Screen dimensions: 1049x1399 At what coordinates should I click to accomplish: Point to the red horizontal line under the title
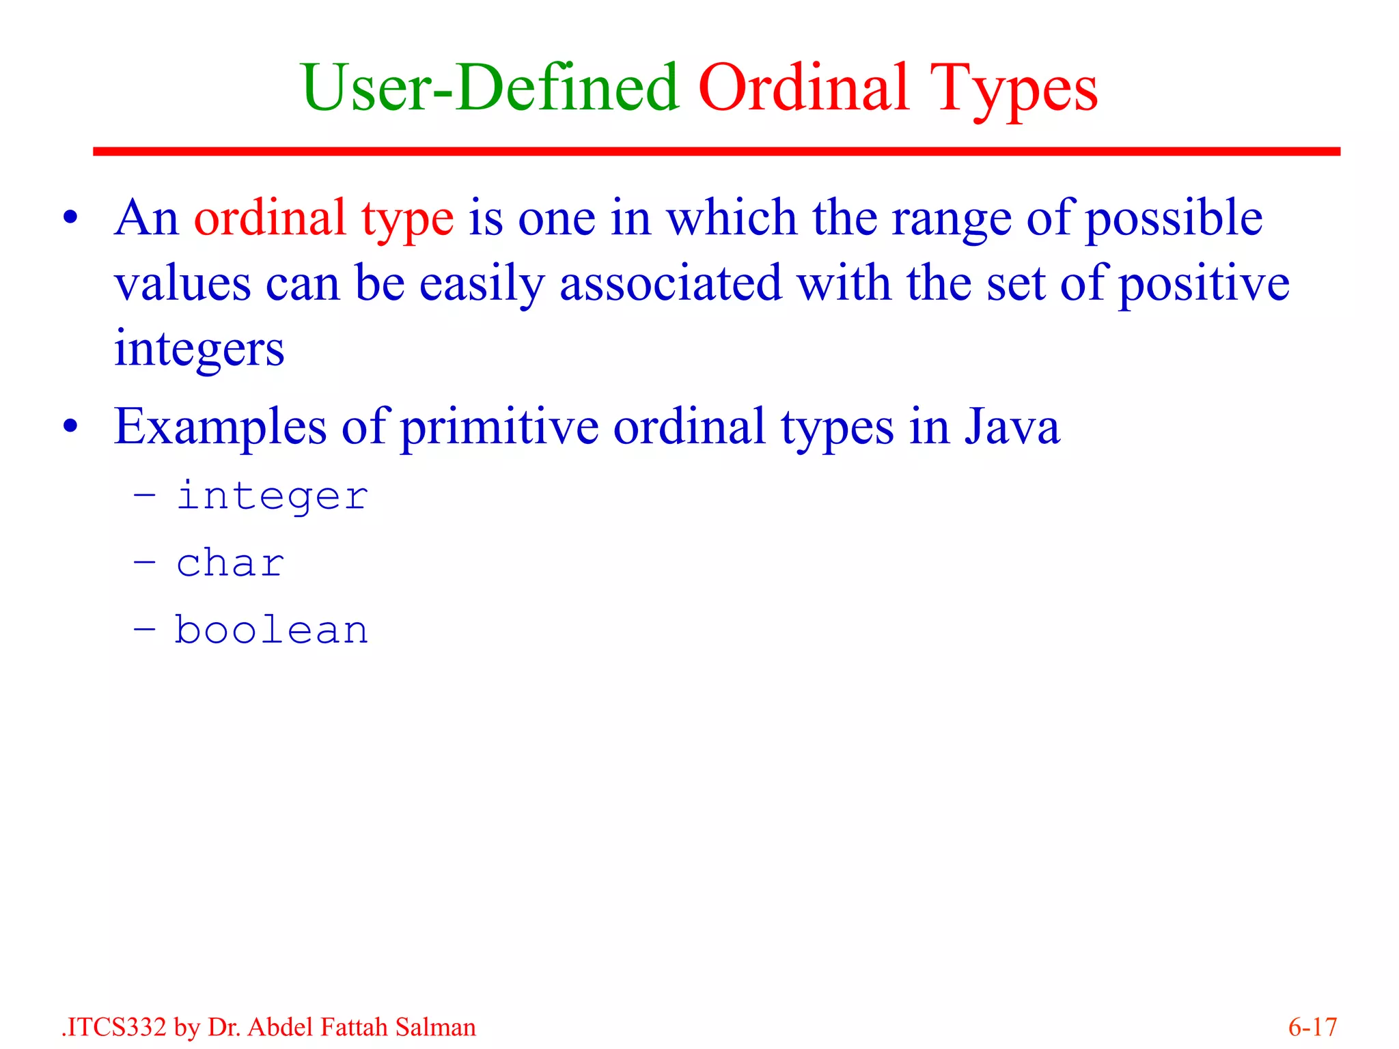pos(716,151)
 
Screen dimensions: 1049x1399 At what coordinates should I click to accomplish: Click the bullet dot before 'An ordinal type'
pos(70,219)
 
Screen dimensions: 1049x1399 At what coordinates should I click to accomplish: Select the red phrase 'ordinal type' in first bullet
pos(324,219)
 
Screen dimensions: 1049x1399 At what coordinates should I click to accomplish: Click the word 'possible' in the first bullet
pos(1174,219)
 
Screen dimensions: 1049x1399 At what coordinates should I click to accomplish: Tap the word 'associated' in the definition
pos(670,283)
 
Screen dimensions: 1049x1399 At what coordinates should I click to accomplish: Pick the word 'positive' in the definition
pos(1204,283)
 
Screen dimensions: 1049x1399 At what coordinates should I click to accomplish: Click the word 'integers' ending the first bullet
pos(199,349)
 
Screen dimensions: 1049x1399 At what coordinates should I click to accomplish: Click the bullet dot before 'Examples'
pos(70,427)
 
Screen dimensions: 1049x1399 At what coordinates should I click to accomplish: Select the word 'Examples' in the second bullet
pos(220,427)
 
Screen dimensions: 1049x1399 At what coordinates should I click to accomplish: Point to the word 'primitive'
pos(499,427)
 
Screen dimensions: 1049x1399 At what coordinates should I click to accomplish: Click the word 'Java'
pos(1012,427)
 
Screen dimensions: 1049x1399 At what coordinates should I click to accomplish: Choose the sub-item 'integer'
pos(273,496)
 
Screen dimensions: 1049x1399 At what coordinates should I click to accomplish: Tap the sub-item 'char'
pos(230,563)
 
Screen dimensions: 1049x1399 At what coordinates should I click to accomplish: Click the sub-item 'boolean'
pos(271,630)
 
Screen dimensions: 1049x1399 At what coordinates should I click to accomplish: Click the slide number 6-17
pos(1312,1027)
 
